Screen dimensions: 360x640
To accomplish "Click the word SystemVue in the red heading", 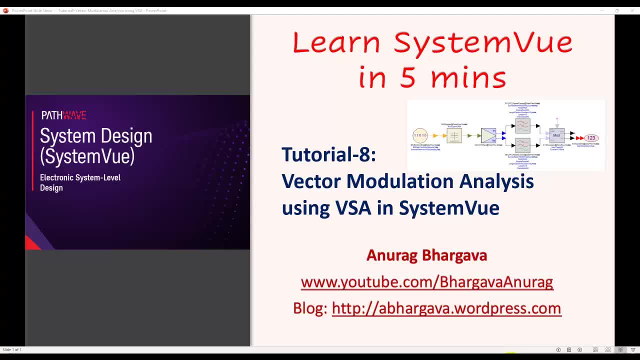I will click(482, 42).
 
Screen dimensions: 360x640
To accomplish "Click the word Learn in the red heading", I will click(336, 42).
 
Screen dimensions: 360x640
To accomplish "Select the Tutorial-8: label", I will click(328, 154).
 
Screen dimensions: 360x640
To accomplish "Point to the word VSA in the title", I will click(353, 207).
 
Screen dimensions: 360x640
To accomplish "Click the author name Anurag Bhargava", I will click(426, 255).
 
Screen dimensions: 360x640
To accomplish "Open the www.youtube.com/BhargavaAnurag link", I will click(426, 282).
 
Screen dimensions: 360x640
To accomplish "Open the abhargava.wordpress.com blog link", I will click(446, 308).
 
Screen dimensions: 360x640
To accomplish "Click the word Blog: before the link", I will click(310, 308).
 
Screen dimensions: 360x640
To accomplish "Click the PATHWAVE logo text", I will click(63, 115).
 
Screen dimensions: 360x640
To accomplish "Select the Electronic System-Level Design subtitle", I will click(80, 182).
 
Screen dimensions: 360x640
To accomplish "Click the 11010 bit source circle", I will click(420, 135).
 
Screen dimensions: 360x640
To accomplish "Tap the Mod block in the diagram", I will click(556, 135).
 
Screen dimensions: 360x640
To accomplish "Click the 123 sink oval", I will click(591, 138).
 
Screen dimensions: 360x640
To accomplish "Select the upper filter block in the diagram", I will click(522, 125).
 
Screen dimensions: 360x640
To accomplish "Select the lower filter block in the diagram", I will click(522, 145).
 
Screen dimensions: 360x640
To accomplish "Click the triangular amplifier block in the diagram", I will click(488, 135).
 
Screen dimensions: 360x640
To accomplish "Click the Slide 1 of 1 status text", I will click(12, 349).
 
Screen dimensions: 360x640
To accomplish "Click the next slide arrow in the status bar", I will click(579, 349).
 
